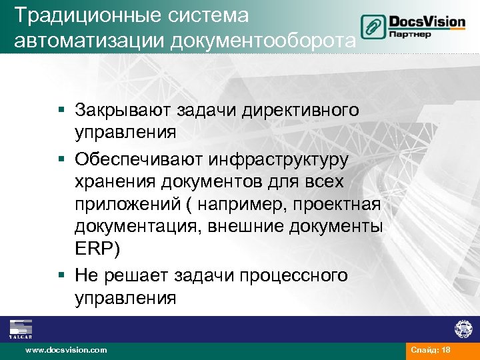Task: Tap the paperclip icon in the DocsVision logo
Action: tap(371, 27)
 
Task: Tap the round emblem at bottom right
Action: tap(463, 329)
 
